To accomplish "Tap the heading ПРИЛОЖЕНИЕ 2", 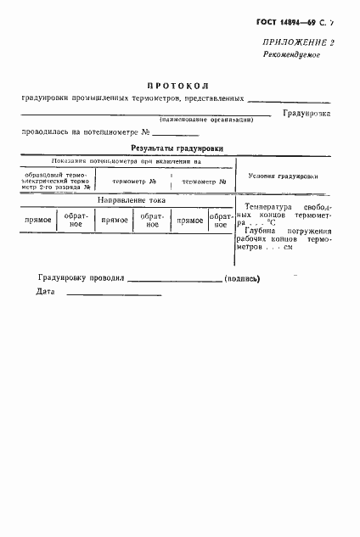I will (x=297, y=41).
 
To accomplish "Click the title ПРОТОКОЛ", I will (x=179, y=86).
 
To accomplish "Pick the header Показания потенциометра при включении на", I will (x=125, y=159).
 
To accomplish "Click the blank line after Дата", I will (x=114, y=294).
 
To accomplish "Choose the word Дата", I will (x=46, y=292).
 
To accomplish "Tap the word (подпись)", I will (x=243, y=278).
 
